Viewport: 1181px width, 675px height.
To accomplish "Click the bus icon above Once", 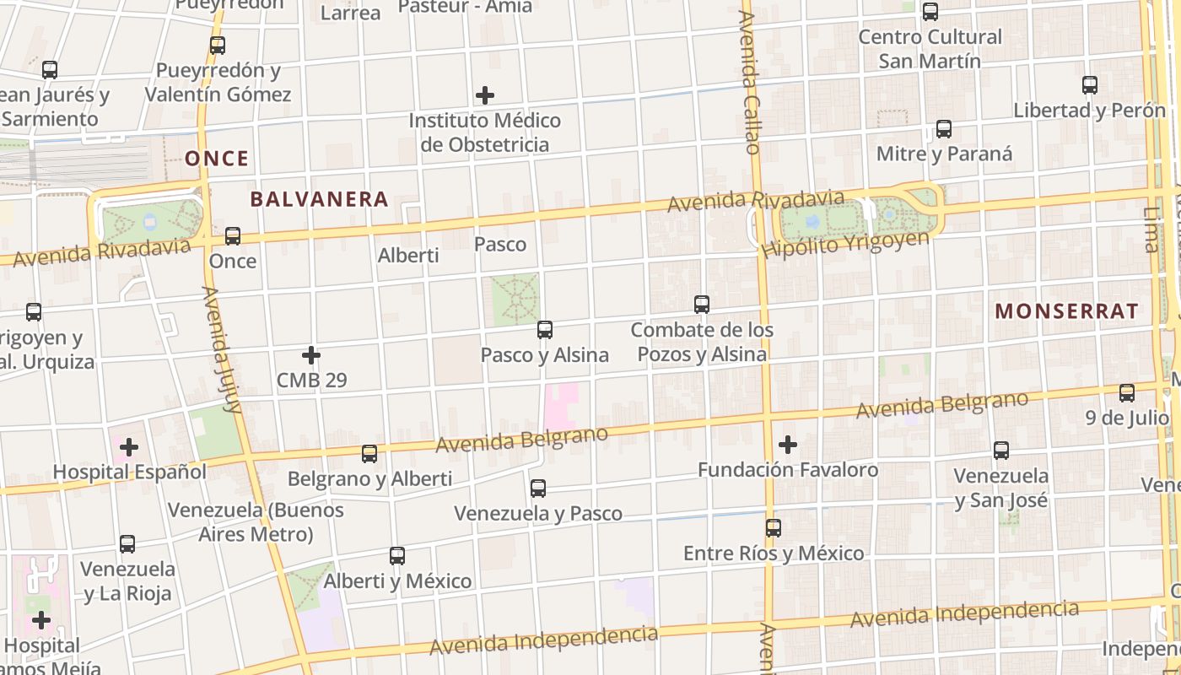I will pyautogui.click(x=233, y=236).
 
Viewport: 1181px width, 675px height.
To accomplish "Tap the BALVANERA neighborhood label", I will pyautogui.click(x=319, y=200).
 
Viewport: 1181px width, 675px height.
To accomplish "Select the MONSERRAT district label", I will pyautogui.click(x=1066, y=311).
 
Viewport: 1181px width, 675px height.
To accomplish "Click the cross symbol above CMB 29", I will pyautogui.click(x=311, y=355).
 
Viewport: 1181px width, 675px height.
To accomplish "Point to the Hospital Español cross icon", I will pyautogui.click(x=129, y=446).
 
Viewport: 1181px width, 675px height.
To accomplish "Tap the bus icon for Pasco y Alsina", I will pyautogui.click(x=545, y=330).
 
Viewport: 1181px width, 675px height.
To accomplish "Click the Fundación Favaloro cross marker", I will pyautogui.click(x=788, y=445).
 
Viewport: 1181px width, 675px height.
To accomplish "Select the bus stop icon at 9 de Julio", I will pyautogui.click(x=1127, y=393).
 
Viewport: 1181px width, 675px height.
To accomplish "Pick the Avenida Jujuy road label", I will pyautogui.click(x=221, y=348).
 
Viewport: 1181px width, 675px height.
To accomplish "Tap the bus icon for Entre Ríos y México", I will pyautogui.click(x=774, y=528).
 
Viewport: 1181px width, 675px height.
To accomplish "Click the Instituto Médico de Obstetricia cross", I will pyautogui.click(x=485, y=95).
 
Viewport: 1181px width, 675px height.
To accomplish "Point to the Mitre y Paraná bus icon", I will pyautogui.click(x=944, y=129).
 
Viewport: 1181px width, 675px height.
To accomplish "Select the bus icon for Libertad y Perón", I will pyautogui.click(x=1090, y=85).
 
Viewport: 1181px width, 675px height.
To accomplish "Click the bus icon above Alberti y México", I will pyautogui.click(x=397, y=556).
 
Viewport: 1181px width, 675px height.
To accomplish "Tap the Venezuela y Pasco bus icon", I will pyautogui.click(x=538, y=489).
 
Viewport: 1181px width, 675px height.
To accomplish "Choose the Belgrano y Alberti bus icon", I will pyautogui.click(x=369, y=454).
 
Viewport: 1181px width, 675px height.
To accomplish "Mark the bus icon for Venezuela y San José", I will pyautogui.click(x=1001, y=451).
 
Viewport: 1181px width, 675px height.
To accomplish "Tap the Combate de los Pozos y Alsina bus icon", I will pyautogui.click(x=702, y=305).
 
